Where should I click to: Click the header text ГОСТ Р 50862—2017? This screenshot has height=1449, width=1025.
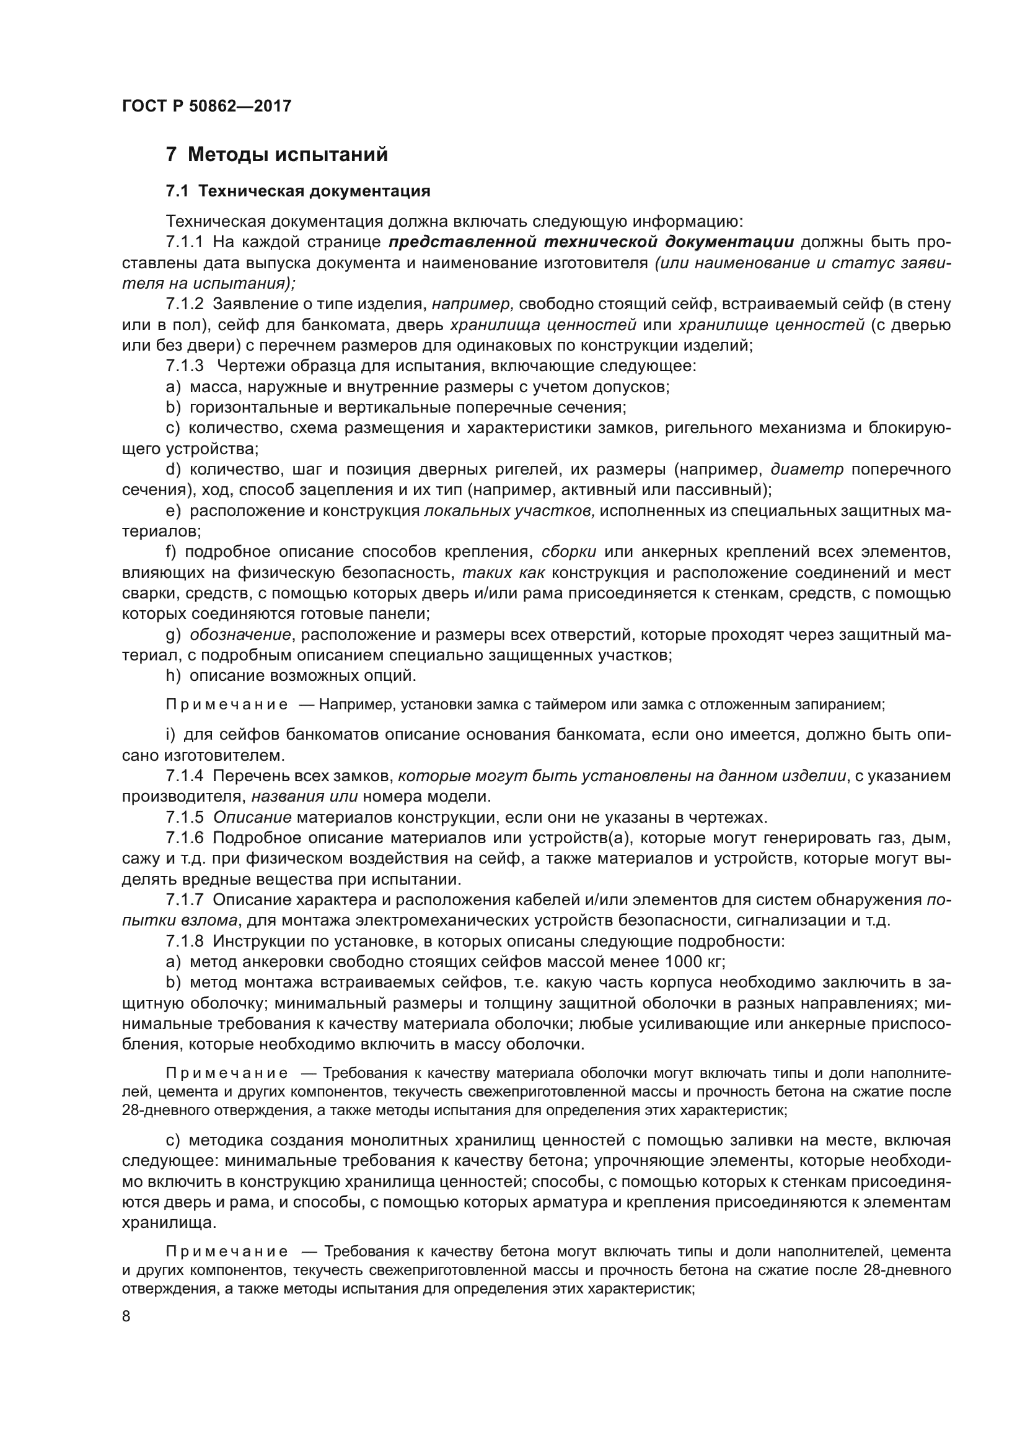[x=206, y=106]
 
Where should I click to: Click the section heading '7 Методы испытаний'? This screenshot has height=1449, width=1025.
[x=276, y=155]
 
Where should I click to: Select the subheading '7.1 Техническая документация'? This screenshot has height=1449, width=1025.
[x=297, y=191]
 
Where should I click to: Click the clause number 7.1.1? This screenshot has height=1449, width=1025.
[x=185, y=242]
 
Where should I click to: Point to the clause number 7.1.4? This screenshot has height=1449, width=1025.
[x=185, y=776]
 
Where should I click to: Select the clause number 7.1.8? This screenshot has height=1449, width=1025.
[x=185, y=942]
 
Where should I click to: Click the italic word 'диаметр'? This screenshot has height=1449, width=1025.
[x=807, y=470]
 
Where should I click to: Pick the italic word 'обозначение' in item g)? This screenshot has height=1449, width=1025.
[x=240, y=634]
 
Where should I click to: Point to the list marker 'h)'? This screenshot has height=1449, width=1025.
[x=173, y=676]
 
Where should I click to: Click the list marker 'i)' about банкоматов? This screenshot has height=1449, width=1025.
[x=170, y=735]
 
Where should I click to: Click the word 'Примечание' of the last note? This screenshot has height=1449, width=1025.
[x=227, y=1251]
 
